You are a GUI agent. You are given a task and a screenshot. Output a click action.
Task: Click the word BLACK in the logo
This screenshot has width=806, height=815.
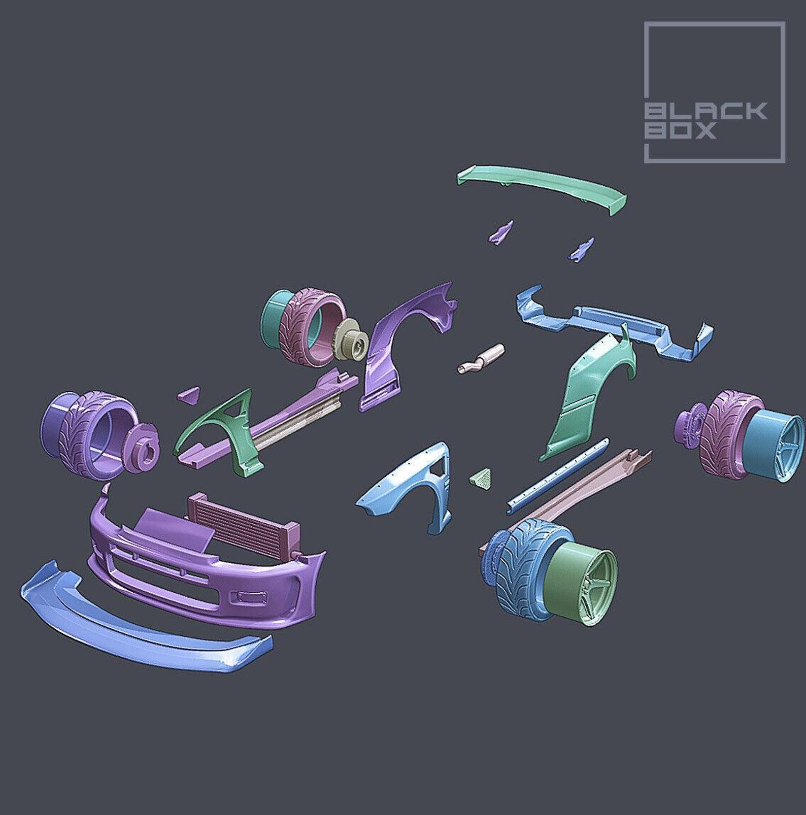point(706,111)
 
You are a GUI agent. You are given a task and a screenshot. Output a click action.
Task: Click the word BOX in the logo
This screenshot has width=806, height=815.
point(680,130)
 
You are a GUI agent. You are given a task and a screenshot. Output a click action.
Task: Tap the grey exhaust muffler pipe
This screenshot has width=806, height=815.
point(481,358)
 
